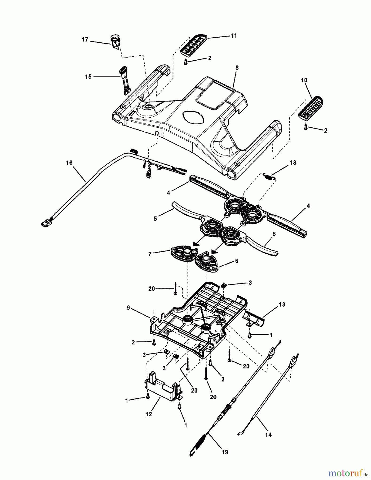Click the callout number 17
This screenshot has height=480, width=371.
coord(85,40)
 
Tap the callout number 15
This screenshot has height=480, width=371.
coord(88,77)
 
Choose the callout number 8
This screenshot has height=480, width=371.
coord(237,68)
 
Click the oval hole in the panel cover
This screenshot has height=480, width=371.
coord(192,117)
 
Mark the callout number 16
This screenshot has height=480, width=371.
coord(69,163)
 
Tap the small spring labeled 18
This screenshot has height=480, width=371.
coord(269,176)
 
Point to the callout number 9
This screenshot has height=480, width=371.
coord(128,308)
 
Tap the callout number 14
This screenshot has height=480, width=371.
coord(268,435)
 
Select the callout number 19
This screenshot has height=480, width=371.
coord(225,452)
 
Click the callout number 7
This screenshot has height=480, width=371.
coord(150,254)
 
